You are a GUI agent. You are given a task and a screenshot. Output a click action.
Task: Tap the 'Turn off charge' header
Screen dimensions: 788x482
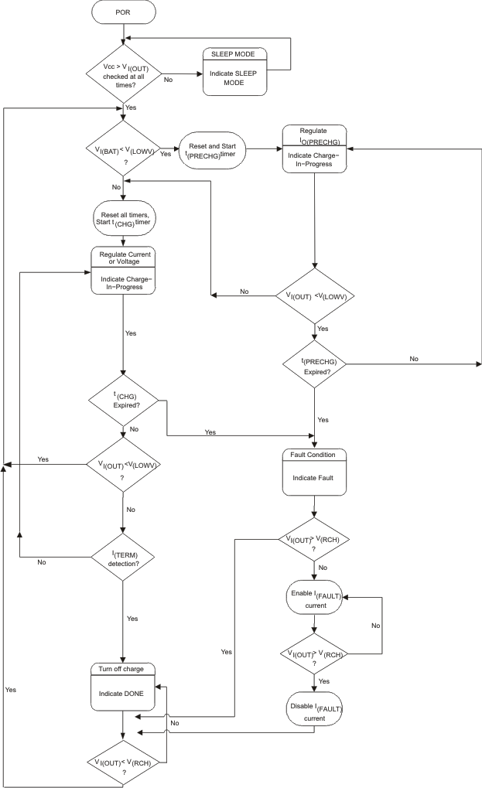[123, 668]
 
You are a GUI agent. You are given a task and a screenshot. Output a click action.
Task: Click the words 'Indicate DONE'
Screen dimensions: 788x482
[123, 693]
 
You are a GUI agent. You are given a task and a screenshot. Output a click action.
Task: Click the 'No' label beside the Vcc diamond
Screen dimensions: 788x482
[168, 79]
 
